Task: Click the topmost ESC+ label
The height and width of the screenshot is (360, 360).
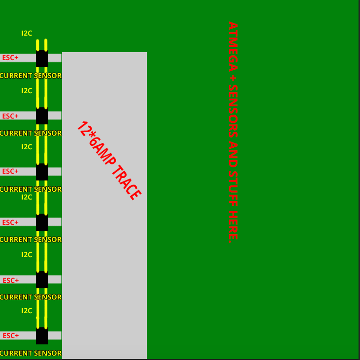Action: point(10,58)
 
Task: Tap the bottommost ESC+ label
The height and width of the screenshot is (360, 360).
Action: point(10,336)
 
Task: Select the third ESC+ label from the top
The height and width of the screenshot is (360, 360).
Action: point(10,171)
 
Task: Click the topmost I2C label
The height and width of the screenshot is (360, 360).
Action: point(27,33)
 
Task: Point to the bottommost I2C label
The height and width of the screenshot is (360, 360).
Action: point(27,311)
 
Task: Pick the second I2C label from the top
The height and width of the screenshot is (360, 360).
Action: point(27,91)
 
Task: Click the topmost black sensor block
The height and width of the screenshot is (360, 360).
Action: point(42,58)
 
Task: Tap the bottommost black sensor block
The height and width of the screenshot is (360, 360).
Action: point(42,336)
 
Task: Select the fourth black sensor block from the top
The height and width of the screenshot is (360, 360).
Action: point(42,222)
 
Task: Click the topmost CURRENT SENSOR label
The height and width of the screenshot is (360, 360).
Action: point(31,76)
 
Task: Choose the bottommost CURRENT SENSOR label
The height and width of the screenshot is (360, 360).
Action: point(31,353)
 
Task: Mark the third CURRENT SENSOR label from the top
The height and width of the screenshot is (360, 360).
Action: point(31,189)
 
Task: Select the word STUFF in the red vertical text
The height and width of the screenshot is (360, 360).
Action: point(233,188)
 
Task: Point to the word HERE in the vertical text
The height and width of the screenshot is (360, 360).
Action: point(233,224)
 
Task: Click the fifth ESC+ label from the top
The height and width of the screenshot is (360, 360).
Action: point(10,280)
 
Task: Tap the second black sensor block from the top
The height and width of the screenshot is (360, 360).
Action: point(42,116)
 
